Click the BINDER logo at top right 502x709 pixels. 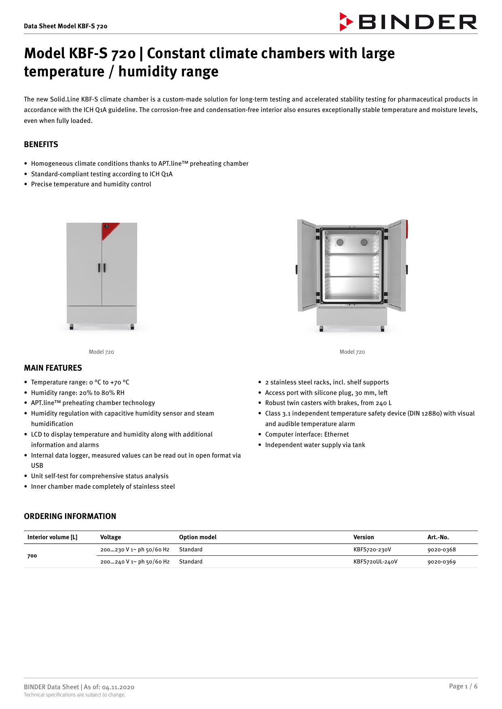pos(409,22)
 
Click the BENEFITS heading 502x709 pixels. pos(41,144)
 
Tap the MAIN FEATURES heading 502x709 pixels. pos(53,368)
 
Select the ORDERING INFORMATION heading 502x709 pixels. pos(70,516)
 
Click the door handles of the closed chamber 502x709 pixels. pos(102,268)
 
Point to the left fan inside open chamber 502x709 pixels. pos(340,242)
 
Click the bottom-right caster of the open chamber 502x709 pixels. pos(383,329)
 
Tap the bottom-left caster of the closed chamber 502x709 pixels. pos(72,327)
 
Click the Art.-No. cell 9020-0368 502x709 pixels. pos(441,550)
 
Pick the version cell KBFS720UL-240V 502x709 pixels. pos(375,562)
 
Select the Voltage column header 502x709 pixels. pos(110,537)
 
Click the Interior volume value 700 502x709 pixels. pos(32,556)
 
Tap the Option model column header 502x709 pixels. pos(198,537)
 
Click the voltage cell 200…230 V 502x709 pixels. pos(135,550)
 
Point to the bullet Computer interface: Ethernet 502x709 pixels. pos(307,434)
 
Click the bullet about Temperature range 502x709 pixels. pos(80,382)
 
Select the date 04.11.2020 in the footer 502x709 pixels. pos(118,687)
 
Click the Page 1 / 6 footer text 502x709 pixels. pos(463,686)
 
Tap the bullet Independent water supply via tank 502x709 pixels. pos(315,445)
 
